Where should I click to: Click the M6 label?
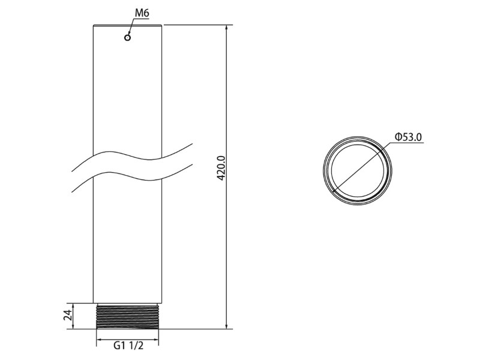click(142, 13)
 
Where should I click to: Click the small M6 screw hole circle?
click(127, 37)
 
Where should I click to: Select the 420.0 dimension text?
click(221, 168)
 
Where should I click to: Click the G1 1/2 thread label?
click(128, 346)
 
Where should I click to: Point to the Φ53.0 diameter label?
click(408, 137)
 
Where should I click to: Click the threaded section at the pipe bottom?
click(127, 316)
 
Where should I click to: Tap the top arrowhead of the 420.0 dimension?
click(226, 28)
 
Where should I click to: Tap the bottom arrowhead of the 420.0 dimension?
click(226, 326)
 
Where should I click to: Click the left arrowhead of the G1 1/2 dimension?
click(100, 339)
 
